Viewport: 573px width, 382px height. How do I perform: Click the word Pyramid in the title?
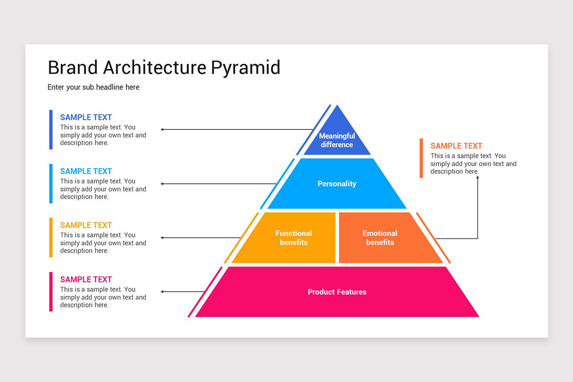[x=245, y=68]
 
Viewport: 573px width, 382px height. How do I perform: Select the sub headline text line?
[x=94, y=87]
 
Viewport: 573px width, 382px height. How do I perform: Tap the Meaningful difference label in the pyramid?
[x=337, y=140]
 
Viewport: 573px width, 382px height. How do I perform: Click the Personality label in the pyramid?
[x=337, y=184]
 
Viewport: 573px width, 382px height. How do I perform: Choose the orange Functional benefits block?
[x=293, y=238]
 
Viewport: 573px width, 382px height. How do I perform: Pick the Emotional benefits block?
[x=380, y=238]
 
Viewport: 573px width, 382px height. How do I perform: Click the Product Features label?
[x=337, y=292]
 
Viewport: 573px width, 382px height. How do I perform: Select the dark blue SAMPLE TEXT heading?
[x=86, y=117]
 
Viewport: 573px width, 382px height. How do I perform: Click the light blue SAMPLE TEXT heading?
[x=86, y=171]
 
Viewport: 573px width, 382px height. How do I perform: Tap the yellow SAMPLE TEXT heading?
[x=86, y=225]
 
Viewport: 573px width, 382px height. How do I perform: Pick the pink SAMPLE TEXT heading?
[x=86, y=279]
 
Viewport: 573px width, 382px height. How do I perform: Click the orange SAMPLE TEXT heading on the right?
[x=456, y=146]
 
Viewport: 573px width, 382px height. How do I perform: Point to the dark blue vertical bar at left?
[x=51, y=129]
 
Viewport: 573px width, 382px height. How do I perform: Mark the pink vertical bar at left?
[x=51, y=292]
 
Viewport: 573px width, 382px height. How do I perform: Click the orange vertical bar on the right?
[x=421, y=158]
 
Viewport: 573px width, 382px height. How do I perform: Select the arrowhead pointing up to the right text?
[x=477, y=178]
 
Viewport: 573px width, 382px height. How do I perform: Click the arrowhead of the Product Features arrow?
[x=162, y=292]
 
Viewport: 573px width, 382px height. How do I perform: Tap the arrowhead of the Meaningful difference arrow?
[x=162, y=129]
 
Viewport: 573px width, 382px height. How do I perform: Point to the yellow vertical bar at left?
[x=51, y=237]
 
